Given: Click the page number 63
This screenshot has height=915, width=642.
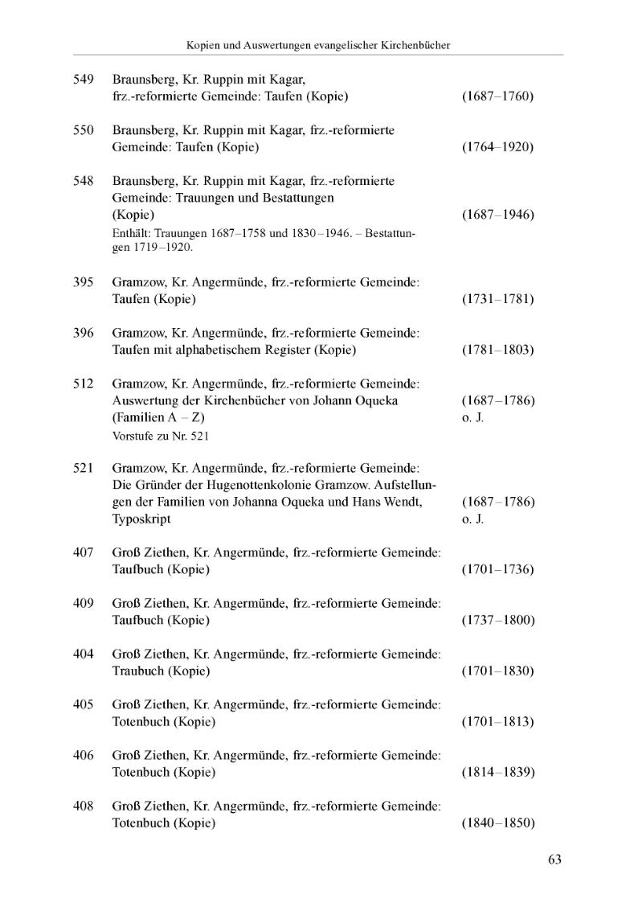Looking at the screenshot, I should (554, 860).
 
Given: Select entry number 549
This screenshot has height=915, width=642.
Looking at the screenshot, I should (84, 80).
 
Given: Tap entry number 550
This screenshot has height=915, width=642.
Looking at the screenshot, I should (84, 130).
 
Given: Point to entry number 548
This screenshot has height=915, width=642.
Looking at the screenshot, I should (84, 181).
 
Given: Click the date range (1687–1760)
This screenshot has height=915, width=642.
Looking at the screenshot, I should (498, 97).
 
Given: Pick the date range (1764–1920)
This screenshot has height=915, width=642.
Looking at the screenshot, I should (498, 148).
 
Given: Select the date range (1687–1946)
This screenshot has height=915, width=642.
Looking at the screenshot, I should (498, 215).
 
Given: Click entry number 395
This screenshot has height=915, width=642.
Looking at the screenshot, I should (84, 282).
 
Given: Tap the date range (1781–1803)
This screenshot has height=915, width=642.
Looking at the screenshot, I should (498, 350).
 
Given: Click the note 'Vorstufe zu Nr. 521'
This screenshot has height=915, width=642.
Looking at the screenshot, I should (158, 436).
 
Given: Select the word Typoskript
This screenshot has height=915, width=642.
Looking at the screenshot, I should (141, 519).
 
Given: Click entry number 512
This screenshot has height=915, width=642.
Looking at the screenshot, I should (84, 384).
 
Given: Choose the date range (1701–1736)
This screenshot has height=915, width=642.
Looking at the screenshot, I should (498, 570).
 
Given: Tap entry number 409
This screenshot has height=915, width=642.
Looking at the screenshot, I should (84, 603).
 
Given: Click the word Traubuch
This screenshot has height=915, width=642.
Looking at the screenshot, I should (138, 671).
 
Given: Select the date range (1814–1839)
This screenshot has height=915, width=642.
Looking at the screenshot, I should (498, 773).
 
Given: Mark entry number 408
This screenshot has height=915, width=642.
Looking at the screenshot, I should (84, 806).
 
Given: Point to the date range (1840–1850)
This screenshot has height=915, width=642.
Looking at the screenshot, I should (498, 823).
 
